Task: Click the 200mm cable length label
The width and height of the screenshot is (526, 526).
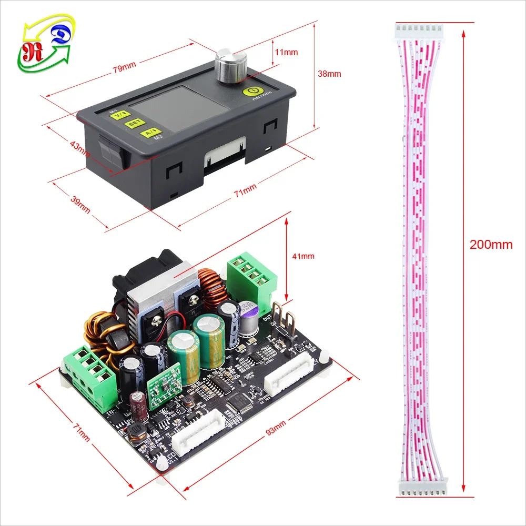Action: click(x=491, y=245)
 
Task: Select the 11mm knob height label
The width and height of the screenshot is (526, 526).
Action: click(x=287, y=52)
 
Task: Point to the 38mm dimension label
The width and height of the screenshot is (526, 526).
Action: click(x=330, y=74)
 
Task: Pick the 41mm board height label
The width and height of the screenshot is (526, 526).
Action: click(x=303, y=256)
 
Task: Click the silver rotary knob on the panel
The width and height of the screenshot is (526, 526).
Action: click(x=230, y=67)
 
